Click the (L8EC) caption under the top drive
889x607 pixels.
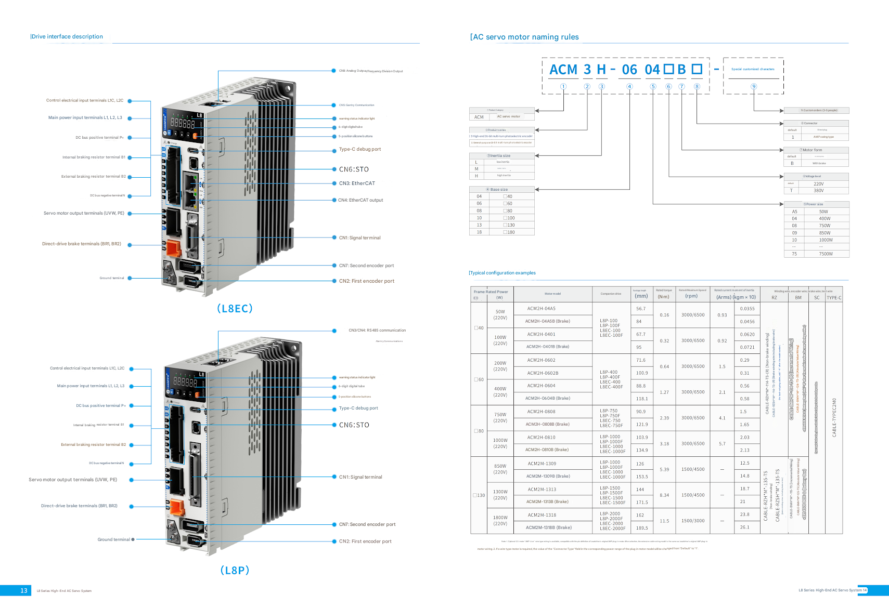(235, 309)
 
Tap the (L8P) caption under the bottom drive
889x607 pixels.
(235, 570)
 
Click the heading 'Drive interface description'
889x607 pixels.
(67, 36)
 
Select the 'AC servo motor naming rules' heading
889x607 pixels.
(525, 37)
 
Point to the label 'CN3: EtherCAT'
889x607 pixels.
(357, 183)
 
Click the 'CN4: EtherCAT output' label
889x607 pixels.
(360, 200)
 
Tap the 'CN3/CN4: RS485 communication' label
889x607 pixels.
(377, 331)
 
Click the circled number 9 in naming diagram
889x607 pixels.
(753, 87)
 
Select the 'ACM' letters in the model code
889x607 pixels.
(563, 70)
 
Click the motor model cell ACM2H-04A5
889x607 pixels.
(542, 309)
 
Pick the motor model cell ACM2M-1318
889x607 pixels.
(542, 515)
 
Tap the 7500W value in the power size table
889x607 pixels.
(826, 254)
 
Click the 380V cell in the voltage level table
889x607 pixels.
(818, 191)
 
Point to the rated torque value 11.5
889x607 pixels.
(664, 521)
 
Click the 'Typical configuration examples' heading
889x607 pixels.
(503, 273)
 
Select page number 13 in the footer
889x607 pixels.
(24, 590)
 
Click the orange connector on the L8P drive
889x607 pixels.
(177, 507)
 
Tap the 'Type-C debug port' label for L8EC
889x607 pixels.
(360, 149)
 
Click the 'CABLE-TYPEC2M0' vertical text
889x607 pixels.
(834, 417)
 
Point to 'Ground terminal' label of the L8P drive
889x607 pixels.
(113, 539)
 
